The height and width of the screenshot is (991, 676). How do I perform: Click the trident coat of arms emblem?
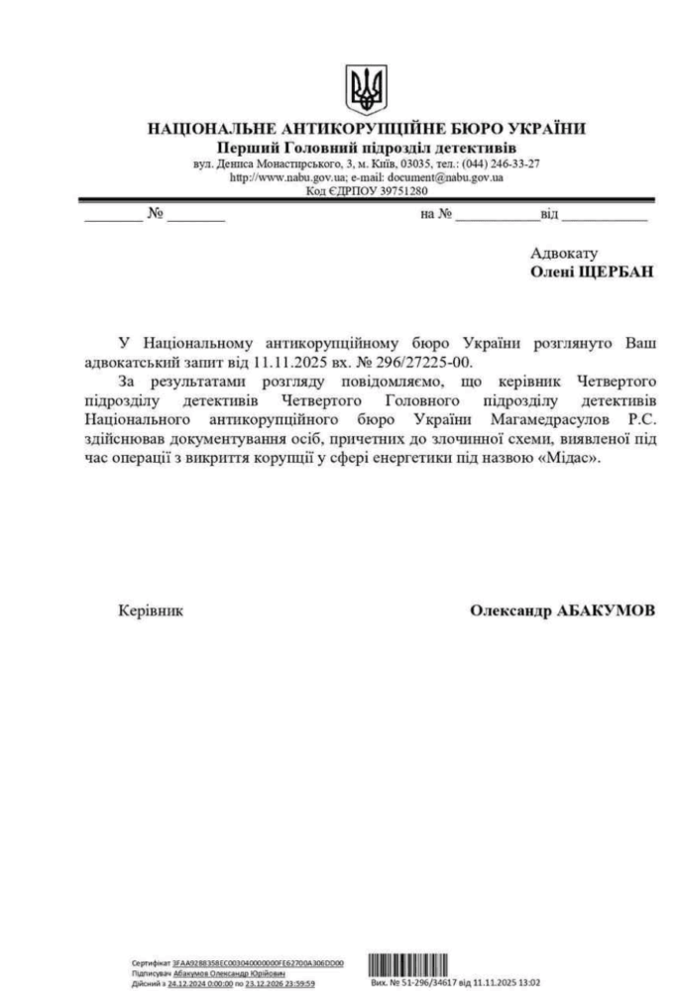click(x=366, y=90)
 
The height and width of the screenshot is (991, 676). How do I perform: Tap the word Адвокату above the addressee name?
click(x=564, y=253)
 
